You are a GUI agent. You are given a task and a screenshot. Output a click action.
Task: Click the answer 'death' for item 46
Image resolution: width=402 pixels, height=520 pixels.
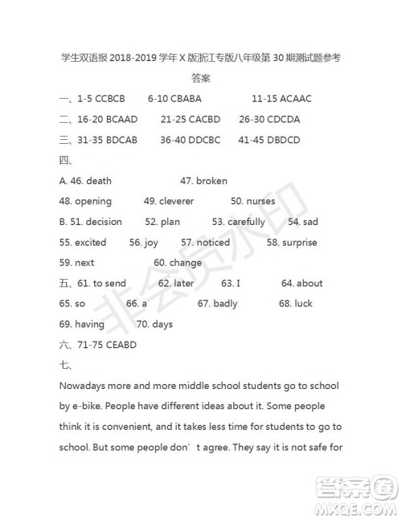tap(99, 181)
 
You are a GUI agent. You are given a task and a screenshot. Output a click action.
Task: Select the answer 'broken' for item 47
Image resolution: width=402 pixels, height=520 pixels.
tap(211, 181)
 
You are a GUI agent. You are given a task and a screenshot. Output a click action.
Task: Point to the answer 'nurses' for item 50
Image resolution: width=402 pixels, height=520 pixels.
tap(260, 201)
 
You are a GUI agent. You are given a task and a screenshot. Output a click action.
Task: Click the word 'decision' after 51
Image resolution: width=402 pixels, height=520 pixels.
tap(104, 222)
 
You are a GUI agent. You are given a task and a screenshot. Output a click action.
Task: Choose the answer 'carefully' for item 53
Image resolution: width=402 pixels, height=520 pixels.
tap(246, 222)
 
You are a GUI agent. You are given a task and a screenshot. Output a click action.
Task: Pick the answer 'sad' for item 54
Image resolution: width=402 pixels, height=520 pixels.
tap(310, 222)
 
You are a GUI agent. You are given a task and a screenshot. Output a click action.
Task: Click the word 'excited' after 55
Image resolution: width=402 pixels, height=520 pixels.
tap(90, 242)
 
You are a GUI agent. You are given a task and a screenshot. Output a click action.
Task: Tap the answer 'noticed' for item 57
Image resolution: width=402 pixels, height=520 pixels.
tap(213, 242)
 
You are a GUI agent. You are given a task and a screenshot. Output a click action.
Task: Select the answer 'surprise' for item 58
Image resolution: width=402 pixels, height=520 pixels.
tap(299, 242)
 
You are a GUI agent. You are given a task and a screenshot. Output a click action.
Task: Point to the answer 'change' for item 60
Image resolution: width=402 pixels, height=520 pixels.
tap(186, 263)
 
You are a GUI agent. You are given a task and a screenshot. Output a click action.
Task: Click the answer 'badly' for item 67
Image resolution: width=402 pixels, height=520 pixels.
tap(225, 304)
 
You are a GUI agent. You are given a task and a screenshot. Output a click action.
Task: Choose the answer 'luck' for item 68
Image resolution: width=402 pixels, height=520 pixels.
tap(303, 304)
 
